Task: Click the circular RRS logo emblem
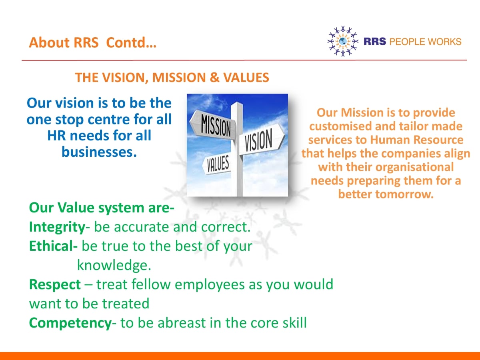tap(343, 41)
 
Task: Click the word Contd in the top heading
tap(131, 42)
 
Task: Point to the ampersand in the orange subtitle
tap(214, 78)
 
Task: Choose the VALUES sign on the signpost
tap(217, 164)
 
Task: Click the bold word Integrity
tap(57, 227)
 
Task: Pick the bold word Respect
tap(55, 285)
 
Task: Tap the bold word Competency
tap(70, 323)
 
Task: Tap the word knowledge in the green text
tap(114, 266)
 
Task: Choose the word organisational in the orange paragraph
tap(415, 167)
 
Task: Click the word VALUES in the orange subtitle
tap(246, 78)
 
